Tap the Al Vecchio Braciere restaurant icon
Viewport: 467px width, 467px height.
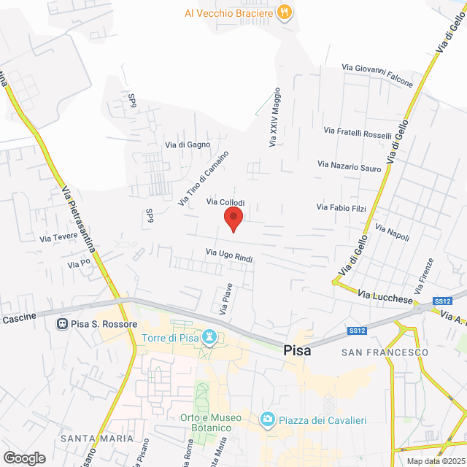[286, 12]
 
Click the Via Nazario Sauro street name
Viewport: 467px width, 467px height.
[349, 166]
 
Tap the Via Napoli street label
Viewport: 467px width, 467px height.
[392, 233]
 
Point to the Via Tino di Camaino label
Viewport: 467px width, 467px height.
[204, 178]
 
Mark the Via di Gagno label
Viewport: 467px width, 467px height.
[188, 144]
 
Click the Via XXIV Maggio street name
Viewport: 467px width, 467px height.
[274, 118]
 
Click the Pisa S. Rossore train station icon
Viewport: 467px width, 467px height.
[63, 323]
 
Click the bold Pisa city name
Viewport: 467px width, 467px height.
[297, 350]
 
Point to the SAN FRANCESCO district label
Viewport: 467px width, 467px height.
[385, 352]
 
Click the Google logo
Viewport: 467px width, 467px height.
[23, 458]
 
